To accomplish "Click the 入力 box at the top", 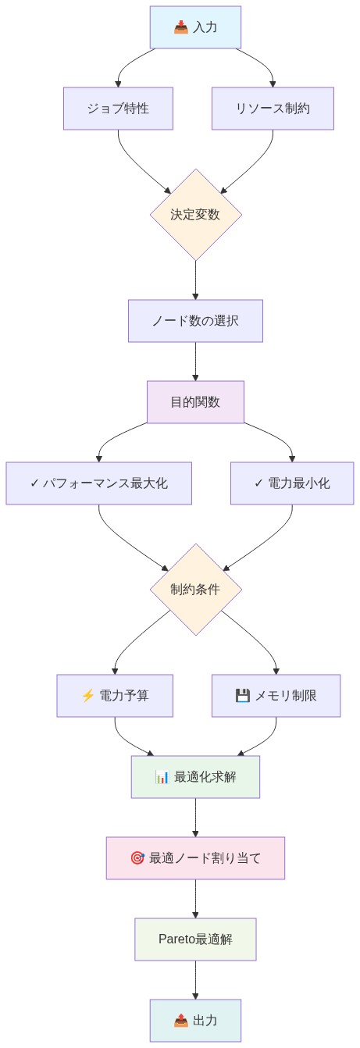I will [195, 27].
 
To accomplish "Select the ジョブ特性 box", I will [118, 109].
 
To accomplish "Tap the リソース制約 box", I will [273, 109].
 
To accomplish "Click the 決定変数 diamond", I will [195, 215].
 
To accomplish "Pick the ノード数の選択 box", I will [195, 321].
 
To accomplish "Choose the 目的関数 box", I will [195, 402].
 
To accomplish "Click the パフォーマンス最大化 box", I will [98, 483].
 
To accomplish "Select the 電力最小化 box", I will [292, 483].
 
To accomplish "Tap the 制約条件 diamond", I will [195, 590].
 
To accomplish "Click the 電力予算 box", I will [115, 696].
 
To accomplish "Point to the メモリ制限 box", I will [276, 696].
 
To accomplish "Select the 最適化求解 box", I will [195, 777].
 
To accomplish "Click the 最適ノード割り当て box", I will [195, 858].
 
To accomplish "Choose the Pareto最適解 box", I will [195, 939].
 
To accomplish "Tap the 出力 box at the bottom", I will [195, 1021].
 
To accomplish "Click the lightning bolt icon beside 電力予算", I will [87, 696].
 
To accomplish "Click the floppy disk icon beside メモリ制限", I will [242, 696].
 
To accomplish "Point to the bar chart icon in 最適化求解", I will [162, 777].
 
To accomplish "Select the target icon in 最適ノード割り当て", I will [137, 858].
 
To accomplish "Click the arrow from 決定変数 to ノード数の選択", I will [195, 280].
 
